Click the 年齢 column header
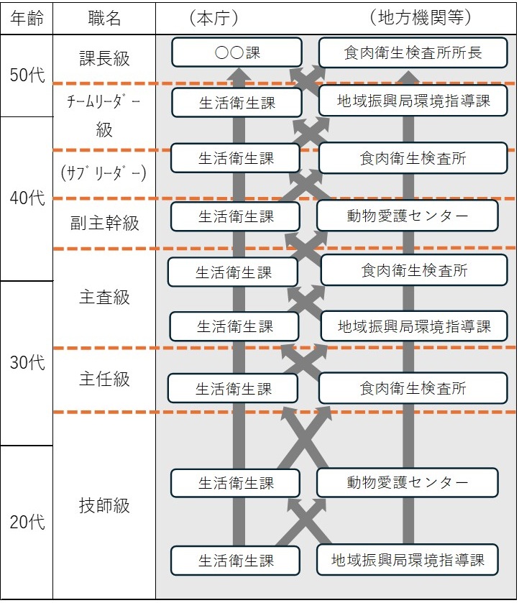coord(27,18)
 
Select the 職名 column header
coord(104,18)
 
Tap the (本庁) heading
coord(214,18)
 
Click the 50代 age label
coord(27,75)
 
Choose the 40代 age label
coord(27,198)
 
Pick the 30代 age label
coord(27,362)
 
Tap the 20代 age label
coord(27,522)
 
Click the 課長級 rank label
coord(104,58)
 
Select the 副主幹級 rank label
coord(104,223)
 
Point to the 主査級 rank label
coord(104,298)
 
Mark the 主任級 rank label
coord(104,379)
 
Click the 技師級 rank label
coord(104,505)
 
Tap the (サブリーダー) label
coord(104,173)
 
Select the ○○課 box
coord(236,52)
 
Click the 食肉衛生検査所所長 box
coord(413,52)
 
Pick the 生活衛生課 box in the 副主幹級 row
coord(236,216)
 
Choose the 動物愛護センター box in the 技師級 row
coord(407,482)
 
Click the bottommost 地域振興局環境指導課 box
coord(407,560)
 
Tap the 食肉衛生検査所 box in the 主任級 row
coord(413,388)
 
